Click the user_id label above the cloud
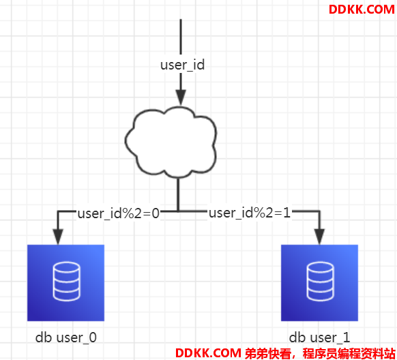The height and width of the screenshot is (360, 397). coord(182,65)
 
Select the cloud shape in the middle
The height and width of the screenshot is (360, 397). coord(171,142)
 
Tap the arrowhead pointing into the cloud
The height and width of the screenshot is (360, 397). coord(181,97)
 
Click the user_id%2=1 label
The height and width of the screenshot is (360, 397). coord(250,213)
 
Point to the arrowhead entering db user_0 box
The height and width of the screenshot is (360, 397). coord(58,237)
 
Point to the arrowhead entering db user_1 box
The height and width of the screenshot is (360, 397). coord(319,237)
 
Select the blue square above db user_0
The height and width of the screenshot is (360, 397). coord(66,283)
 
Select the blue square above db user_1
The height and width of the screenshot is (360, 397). coord(319,283)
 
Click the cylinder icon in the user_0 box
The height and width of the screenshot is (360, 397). coord(67,282)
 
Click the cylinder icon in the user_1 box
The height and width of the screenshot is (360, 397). coord(321,282)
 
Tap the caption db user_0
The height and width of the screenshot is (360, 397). coord(66,337)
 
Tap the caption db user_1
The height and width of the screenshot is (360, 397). coord(319,337)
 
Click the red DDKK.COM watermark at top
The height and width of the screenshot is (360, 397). coord(362,10)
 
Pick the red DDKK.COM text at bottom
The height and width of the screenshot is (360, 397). coord(208,353)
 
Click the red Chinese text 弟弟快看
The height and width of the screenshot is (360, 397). coord(268,353)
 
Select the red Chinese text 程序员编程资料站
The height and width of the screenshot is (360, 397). coord(349,353)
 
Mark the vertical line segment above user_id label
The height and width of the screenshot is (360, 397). coord(181,37)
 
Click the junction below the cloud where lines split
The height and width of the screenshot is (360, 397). coord(178,211)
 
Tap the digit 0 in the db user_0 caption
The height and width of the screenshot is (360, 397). coord(93,337)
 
